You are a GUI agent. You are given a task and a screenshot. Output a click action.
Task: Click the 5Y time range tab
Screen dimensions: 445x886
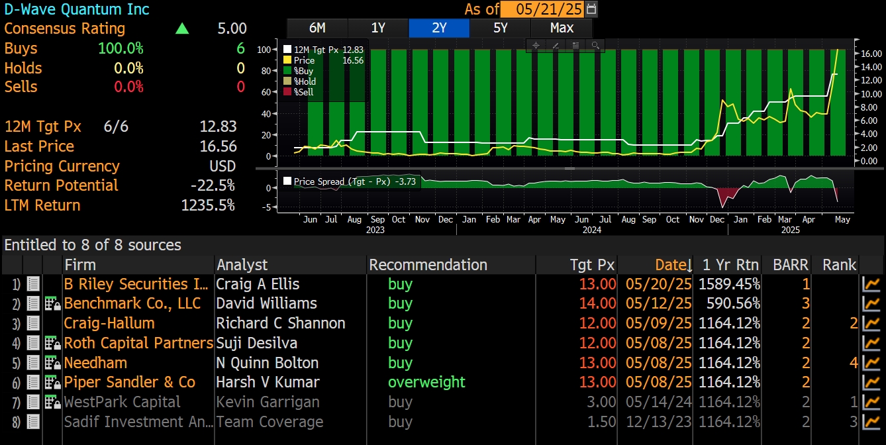tap(501, 28)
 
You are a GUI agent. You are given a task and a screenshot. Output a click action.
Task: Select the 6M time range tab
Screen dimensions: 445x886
tap(317, 28)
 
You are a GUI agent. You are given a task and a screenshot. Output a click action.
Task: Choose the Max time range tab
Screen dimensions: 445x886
tap(562, 28)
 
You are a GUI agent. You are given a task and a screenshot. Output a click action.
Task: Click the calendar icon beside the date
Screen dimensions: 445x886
tap(591, 9)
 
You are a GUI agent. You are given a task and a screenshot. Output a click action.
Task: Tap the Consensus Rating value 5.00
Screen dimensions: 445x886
tap(232, 28)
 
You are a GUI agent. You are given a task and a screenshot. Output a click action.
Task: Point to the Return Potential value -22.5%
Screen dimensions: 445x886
tap(213, 185)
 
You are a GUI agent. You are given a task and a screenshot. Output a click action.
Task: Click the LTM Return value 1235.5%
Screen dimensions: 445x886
tap(208, 205)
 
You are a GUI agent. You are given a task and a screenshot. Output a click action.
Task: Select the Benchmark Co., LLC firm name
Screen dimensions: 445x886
tap(132, 303)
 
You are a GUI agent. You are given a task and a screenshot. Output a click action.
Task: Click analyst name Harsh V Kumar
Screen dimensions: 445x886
tap(268, 382)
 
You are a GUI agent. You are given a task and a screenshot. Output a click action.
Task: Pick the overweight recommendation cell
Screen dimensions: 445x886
tap(426, 382)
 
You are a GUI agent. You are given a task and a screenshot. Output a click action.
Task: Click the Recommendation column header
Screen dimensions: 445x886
tap(428, 265)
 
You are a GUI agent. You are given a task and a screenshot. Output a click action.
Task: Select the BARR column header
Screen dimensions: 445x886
tap(791, 265)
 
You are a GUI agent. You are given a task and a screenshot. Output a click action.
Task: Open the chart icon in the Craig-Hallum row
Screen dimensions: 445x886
tap(871, 323)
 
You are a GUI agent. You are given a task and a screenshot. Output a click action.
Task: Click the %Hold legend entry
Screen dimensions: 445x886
tap(305, 81)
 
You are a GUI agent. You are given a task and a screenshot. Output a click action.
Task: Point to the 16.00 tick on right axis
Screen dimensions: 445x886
tap(869, 54)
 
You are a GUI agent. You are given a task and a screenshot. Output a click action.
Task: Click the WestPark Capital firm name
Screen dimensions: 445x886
tap(122, 402)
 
